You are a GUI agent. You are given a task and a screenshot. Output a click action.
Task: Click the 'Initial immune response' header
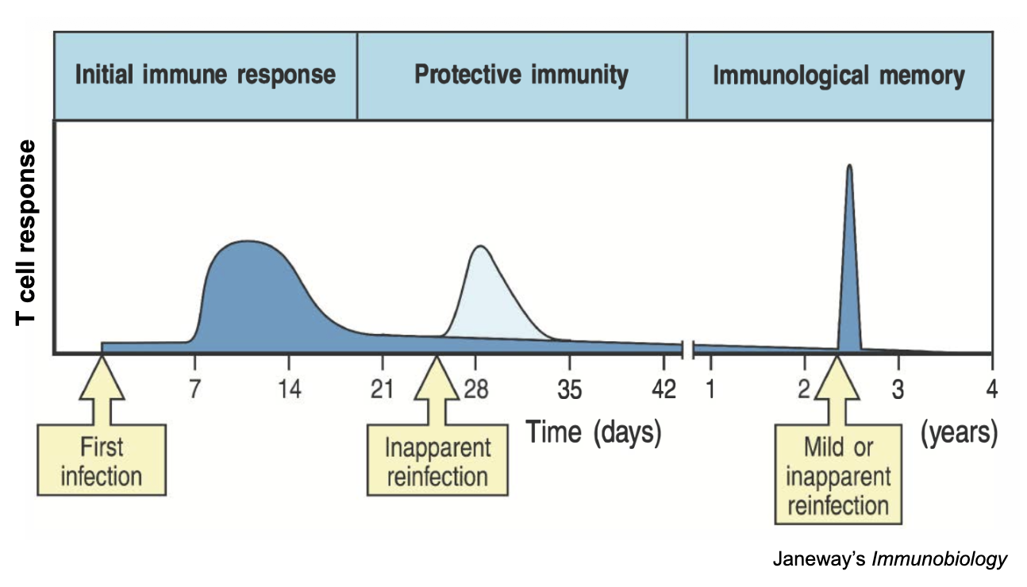click(x=205, y=76)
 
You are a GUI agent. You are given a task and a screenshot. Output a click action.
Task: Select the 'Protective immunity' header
click(x=521, y=76)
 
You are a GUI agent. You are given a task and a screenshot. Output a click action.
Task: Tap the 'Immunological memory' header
click(x=839, y=76)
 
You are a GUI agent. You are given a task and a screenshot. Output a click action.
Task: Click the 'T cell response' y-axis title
click(x=26, y=232)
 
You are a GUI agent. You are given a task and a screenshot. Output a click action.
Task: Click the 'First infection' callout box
click(x=102, y=462)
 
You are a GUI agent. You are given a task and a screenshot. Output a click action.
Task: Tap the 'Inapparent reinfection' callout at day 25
click(x=436, y=461)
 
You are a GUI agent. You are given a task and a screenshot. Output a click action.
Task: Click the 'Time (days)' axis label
click(x=594, y=434)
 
